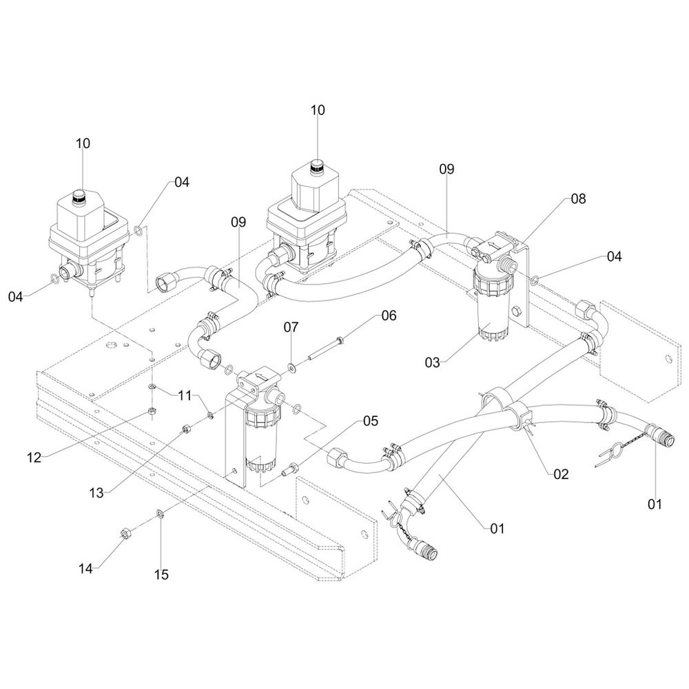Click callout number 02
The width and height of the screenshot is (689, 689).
[561, 473]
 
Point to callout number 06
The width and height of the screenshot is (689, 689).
[389, 316]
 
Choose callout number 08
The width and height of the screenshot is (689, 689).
[577, 199]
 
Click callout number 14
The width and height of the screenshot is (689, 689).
[85, 568]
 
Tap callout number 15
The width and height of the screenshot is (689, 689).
[161, 574]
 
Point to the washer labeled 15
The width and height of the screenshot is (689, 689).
[159, 513]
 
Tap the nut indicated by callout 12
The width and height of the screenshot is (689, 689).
[152, 413]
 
